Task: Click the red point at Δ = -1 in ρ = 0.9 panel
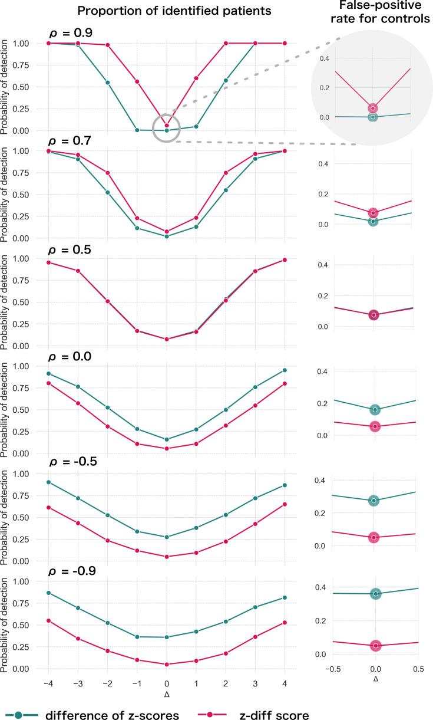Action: (137, 81)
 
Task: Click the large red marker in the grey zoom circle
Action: (372, 108)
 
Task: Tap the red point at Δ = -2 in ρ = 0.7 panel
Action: (107, 173)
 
